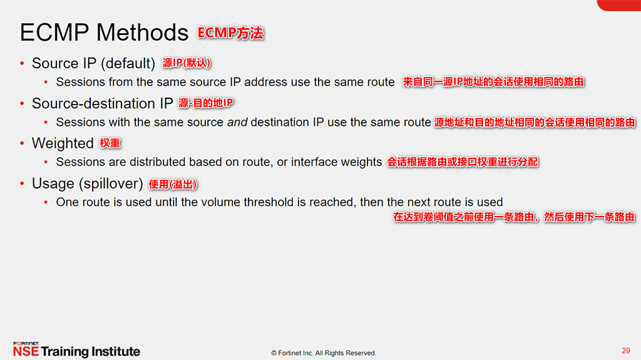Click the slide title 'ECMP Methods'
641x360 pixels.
pyautogui.click(x=104, y=33)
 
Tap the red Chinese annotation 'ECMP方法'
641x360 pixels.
pyautogui.click(x=231, y=33)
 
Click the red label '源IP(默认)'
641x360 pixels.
pyautogui.click(x=187, y=63)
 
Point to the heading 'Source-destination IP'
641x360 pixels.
pyautogui.click(x=102, y=103)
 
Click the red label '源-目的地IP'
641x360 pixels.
pyautogui.click(x=206, y=103)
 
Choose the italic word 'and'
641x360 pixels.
pyautogui.click(x=237, y=122)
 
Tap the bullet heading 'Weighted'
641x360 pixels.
pyautogui.click(x=63, y=143)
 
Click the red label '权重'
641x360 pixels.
pyautogui.click(x=110, y=143)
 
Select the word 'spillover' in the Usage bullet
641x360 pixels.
pyautogui.click(x=111, y=184)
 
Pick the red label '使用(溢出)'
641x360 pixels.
pyautogui.click(x=173, y=184)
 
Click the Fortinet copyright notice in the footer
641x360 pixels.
pyautogui.click(x=324, y=353)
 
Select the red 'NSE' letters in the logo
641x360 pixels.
pyautogui.click(x=26, y=352)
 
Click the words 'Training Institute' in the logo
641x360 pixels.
pyautogui.click(x=91, y=352)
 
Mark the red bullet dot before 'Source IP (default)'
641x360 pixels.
pyautogui.click(x=22, y=63)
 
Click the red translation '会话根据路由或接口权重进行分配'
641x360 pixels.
pyautogui.click(x=462, y=162)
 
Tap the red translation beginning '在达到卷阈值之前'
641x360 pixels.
pyautogui.click(x=514, y=217)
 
